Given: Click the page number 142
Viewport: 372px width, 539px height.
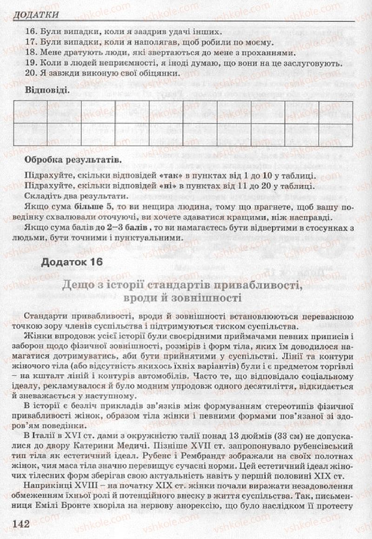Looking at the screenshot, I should (19, 525).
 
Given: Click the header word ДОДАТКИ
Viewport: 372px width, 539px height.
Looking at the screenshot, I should (36, 15).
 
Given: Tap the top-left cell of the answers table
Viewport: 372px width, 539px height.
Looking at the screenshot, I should (30, 112).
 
